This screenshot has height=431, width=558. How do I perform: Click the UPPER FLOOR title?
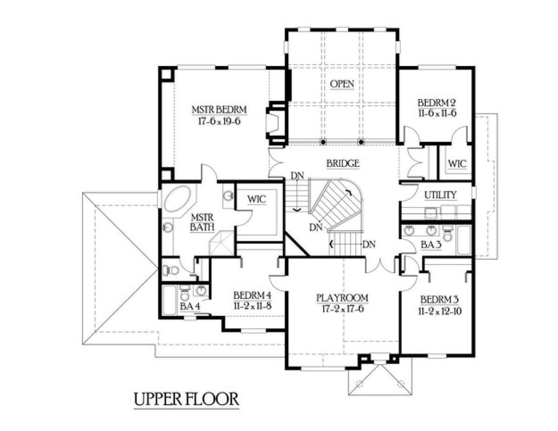tap(186, 399)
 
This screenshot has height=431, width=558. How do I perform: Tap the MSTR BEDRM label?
tap(219, 110)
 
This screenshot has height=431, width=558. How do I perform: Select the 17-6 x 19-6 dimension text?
tap(219, 121)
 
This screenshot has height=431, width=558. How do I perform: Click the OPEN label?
tap(342, 84)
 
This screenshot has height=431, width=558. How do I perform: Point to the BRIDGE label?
tap(343, 163)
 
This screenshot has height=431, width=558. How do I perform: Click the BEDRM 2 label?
tap(437, 103)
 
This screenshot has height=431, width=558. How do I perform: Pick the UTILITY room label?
tap(440, 195)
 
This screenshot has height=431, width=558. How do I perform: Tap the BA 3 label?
tap(431, 245)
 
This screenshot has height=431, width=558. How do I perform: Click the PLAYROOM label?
tap(342, 298)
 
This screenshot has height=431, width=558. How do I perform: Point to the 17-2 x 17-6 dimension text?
tap(343, 309)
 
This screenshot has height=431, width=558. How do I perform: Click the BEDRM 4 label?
tap(252, 295)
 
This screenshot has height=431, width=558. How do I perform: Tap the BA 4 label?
tap(190, 306)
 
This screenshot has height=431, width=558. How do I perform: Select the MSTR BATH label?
tap(202, 222)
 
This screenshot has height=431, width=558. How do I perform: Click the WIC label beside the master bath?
tap(257, 199)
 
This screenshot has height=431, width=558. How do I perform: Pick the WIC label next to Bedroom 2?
tap(458, 164)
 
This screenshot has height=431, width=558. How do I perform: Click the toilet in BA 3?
tap(447, 233)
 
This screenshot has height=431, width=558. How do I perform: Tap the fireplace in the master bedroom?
tap(276, 123)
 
